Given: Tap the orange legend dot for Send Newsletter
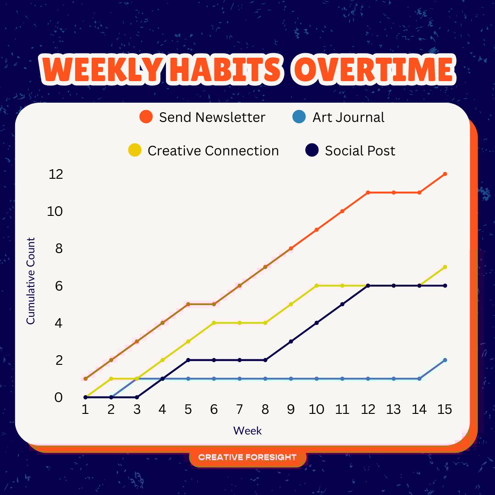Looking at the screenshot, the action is (x=146, y=117).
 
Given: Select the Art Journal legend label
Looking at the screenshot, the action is (x=348, y=117).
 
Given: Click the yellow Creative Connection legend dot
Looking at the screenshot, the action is (x=135, y=150).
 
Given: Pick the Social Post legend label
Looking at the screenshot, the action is (x=360, y=151).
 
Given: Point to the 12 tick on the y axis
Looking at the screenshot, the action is (x=56, y=174).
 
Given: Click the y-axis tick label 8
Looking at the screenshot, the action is (x=59, y=248).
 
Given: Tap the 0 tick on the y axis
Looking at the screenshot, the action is (x=59, y=397).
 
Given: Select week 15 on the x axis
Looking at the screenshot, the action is (x=445, y=409).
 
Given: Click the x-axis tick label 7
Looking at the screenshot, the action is (x=239, y=409).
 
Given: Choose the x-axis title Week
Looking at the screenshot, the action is (x=247, y=430).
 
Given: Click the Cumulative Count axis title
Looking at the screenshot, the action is (x=30, y=280).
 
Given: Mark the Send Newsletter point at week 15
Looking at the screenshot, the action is (x=445, y=174).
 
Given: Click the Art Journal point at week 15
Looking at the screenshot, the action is (x=445, y=360).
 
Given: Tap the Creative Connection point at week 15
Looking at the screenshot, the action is (x=445, y=267).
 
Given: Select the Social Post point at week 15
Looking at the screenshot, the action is (x=445, y=286).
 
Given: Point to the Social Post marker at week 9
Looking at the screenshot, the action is (x=291, y=341).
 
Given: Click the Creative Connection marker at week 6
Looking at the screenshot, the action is (x=214, y=323).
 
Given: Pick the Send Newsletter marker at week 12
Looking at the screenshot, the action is (x=368, y=192).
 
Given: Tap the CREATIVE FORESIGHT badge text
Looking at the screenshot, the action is (x=247, y=457).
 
